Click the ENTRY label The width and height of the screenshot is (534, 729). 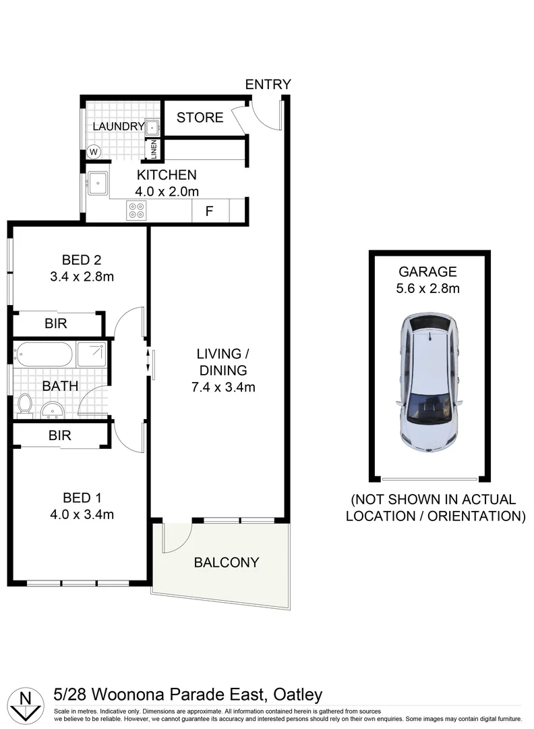[268, 84]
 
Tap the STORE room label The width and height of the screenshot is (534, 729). [200, 117]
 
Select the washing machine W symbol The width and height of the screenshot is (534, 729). [93, 152]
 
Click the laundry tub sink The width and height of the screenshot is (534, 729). [153, 126]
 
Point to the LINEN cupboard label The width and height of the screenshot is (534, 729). [153, 150]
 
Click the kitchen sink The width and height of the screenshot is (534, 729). [98, 182]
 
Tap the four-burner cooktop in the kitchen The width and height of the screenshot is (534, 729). [136, 211]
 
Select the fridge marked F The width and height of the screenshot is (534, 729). [209, 211]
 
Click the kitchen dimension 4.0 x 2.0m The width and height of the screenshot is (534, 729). [167, 191]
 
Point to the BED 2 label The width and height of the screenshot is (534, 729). [81, 259]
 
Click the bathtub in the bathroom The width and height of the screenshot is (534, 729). [44, 354]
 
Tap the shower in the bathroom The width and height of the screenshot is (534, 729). [91, 354]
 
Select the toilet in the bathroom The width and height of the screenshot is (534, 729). [25, 404]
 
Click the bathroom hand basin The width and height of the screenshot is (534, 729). [52, 409]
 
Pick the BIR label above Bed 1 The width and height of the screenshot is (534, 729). [60, 435]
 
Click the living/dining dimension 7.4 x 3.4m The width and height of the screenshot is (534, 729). [218, 387]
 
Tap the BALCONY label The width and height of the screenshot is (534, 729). [227, 562]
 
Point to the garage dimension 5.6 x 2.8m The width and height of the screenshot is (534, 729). [428, 289]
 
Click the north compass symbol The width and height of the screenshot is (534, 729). [26, 703]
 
